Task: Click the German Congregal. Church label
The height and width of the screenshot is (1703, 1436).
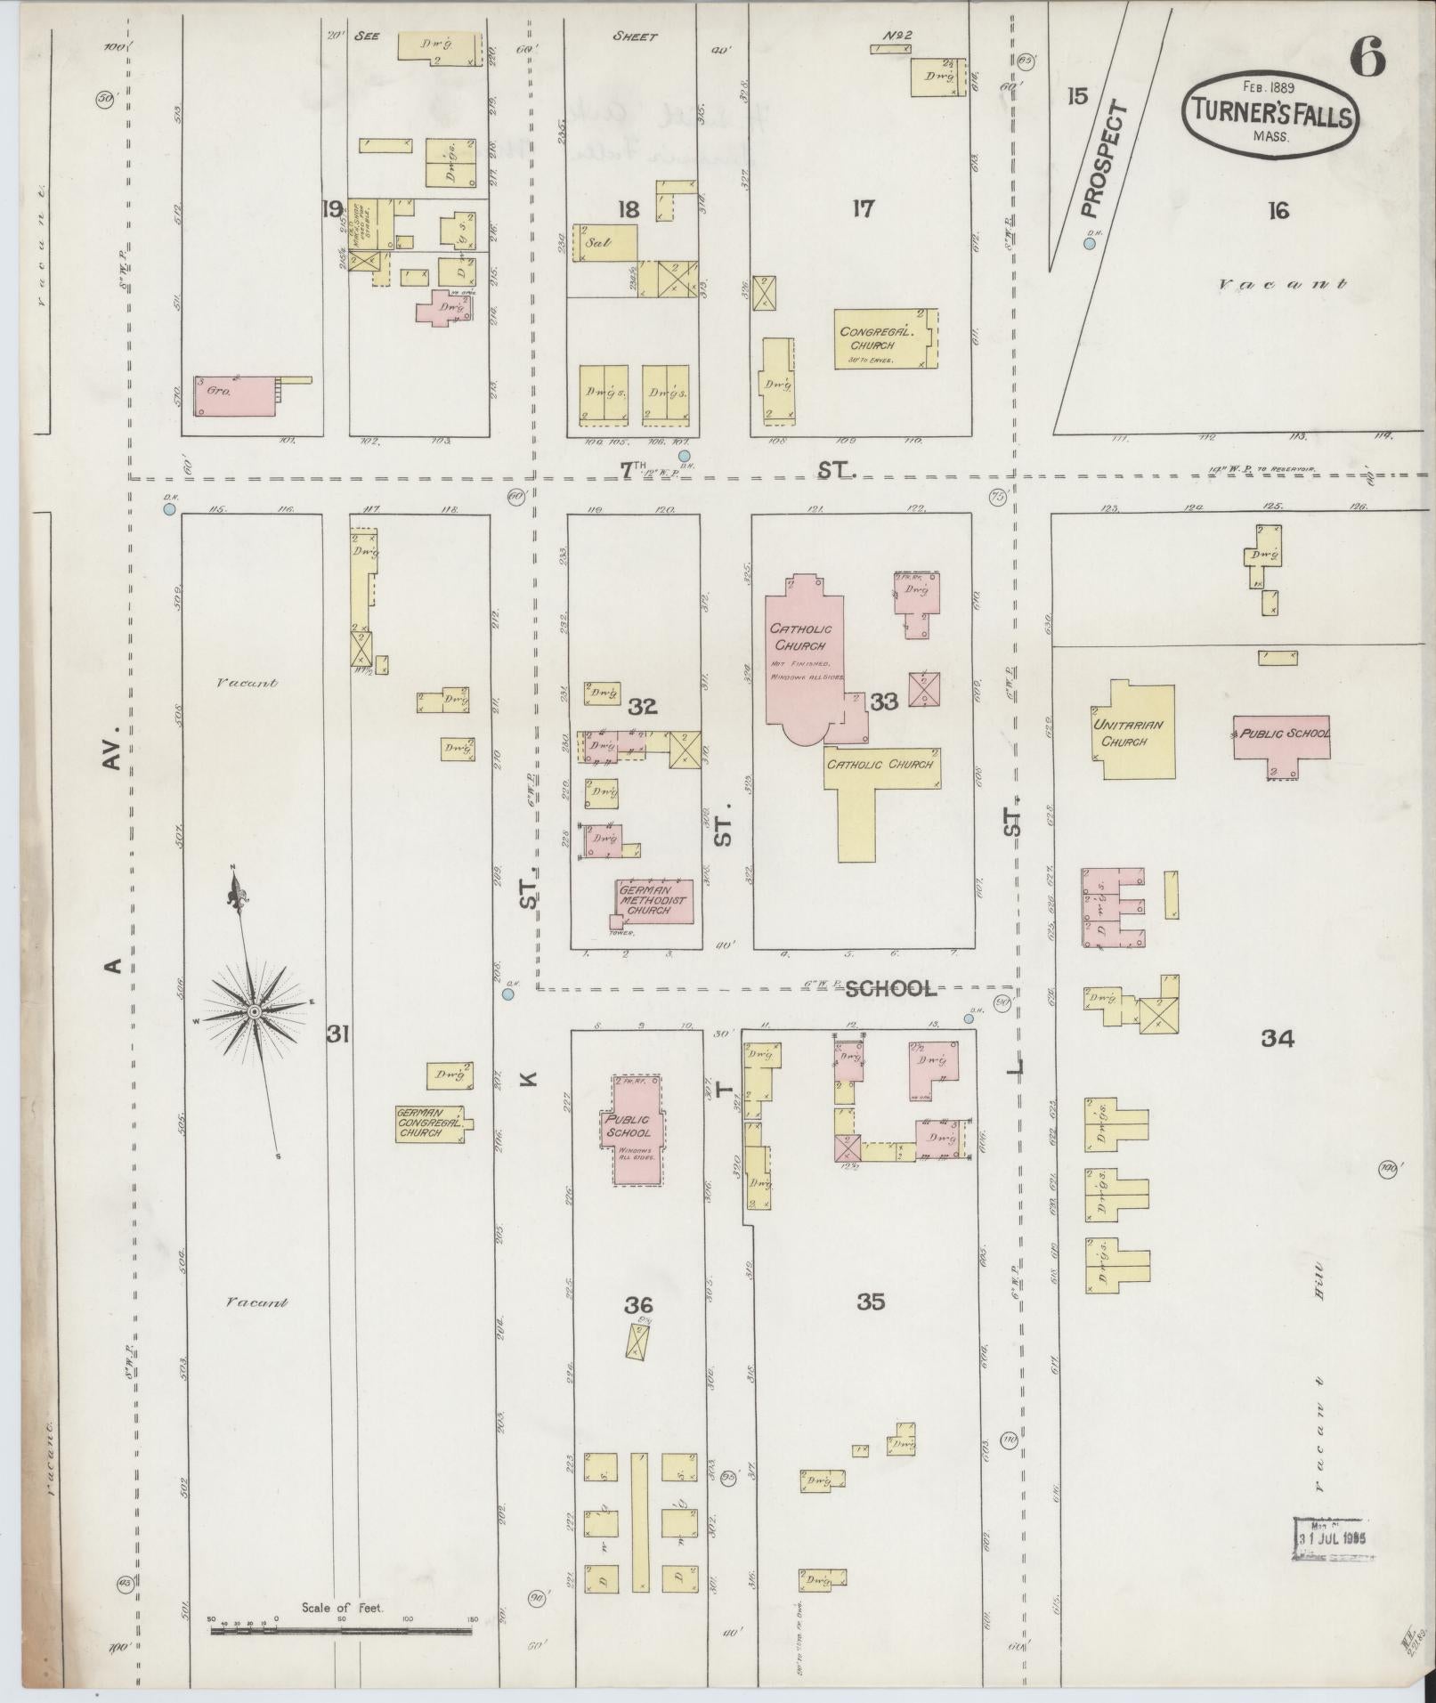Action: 431,1123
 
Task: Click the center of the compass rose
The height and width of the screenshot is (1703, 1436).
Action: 255,1012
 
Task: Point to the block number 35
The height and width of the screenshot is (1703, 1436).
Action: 870,1302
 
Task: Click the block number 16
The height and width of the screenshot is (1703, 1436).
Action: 1278,211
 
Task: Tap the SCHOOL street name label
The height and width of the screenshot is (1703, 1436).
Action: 890,989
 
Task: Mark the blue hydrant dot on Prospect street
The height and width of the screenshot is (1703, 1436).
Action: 1089,243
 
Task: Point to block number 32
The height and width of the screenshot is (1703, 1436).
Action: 642,707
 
